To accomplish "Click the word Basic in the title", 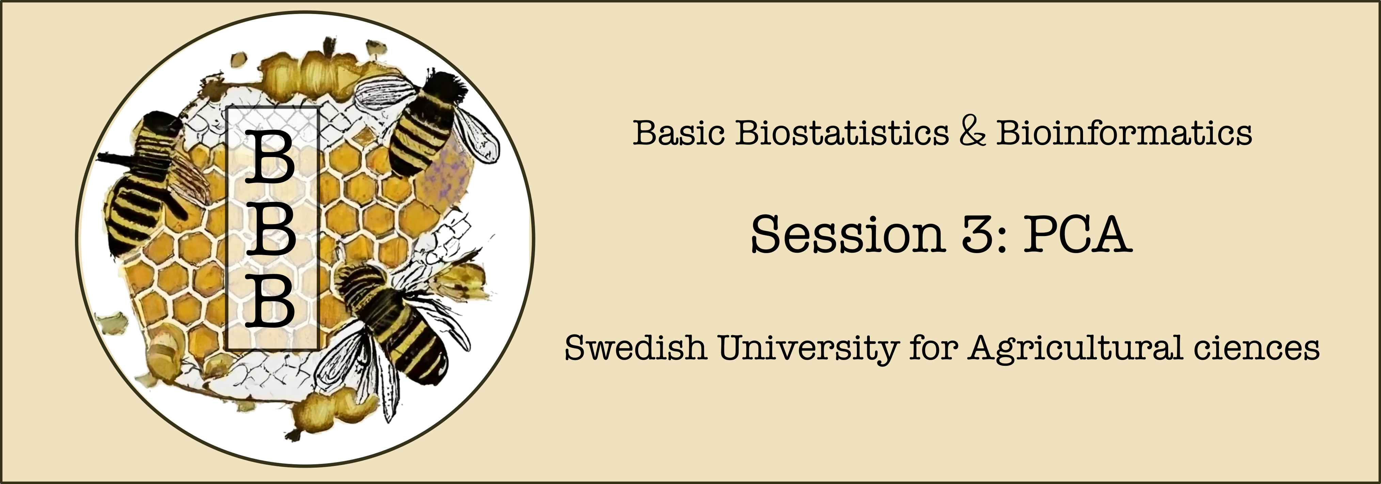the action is [x=679, y=132].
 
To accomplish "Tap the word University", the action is [x=809, y=348].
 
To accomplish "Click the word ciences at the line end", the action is [x=1256, y=348].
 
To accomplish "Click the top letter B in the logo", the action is [x=271, y=157].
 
